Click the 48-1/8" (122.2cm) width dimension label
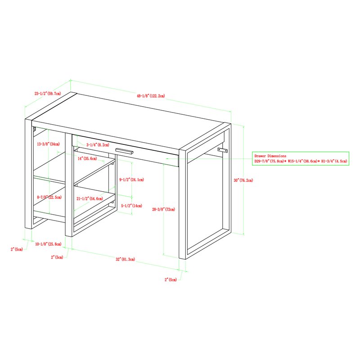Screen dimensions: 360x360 (x=152, y=96)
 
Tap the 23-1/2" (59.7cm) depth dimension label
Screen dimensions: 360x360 (x=47, y=94)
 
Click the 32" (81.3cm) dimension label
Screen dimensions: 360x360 (x=126, y=260)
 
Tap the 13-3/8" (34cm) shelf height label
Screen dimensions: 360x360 (x=48, y=144)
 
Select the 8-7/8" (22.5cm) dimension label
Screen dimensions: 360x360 (x=49, y=197)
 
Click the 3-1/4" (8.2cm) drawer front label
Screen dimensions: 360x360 (x=97, y=145)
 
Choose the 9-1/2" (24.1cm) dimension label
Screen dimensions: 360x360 (x=131, y=180)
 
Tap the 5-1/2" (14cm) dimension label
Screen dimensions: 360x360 (x=131, y=206)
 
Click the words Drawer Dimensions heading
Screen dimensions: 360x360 (x=270, y=156)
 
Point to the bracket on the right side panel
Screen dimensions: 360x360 (x=223, y=150)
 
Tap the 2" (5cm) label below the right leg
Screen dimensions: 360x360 (x=170, y=279)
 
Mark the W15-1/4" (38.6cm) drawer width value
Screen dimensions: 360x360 (x=301, y=161)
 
